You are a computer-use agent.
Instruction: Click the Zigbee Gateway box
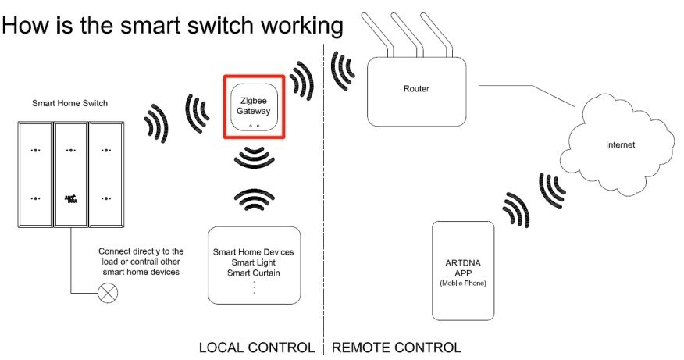(x=254, y=107)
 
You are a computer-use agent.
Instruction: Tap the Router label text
(x=416, y=89)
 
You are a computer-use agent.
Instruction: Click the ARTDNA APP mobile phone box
(x=462, y=270)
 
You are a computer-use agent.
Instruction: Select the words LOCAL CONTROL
(x=257, y=347)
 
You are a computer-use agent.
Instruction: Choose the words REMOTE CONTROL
(x=397, y=347)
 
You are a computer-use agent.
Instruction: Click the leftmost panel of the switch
(x=34, y=173)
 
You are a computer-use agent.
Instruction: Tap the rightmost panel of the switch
(x=106, y=173)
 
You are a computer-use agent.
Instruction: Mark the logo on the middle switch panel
(x=70, y=199)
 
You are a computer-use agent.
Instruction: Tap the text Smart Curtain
(x=254, y=273)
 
